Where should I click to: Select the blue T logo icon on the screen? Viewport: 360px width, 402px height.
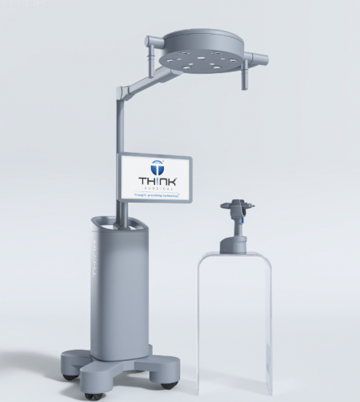pyautogui.click(x=156, y=166)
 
